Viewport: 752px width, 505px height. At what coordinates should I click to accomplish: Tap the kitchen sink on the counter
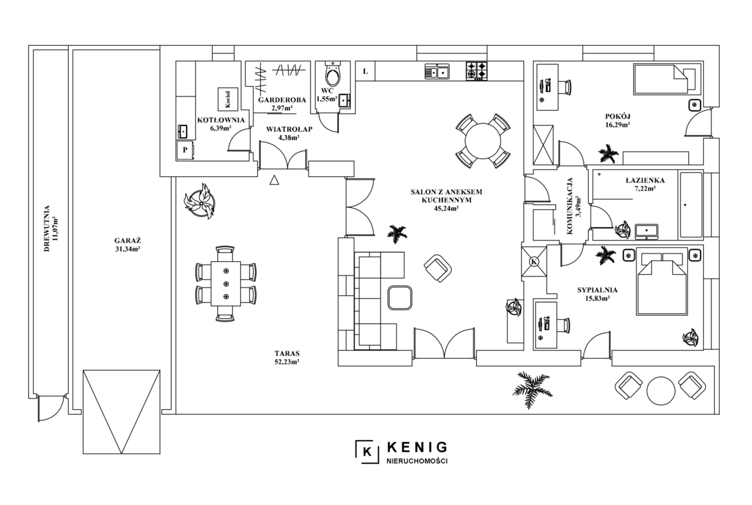437,72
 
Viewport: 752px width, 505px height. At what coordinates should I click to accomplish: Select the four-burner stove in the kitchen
477,71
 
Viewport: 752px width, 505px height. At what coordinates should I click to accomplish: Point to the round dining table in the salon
482,141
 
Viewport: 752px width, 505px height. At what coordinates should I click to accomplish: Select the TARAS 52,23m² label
288,357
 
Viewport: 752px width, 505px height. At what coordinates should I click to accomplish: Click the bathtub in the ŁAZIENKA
690,205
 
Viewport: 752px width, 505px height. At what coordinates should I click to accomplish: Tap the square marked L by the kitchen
366,71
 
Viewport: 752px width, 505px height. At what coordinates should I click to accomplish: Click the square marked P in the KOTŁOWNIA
185,150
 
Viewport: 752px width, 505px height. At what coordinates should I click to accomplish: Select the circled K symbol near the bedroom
534,262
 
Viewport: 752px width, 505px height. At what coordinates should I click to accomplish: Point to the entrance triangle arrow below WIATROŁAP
274,180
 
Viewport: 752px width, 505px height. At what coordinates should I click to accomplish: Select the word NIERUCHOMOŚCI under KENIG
416,461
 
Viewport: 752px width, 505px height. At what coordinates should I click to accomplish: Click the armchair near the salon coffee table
438,268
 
